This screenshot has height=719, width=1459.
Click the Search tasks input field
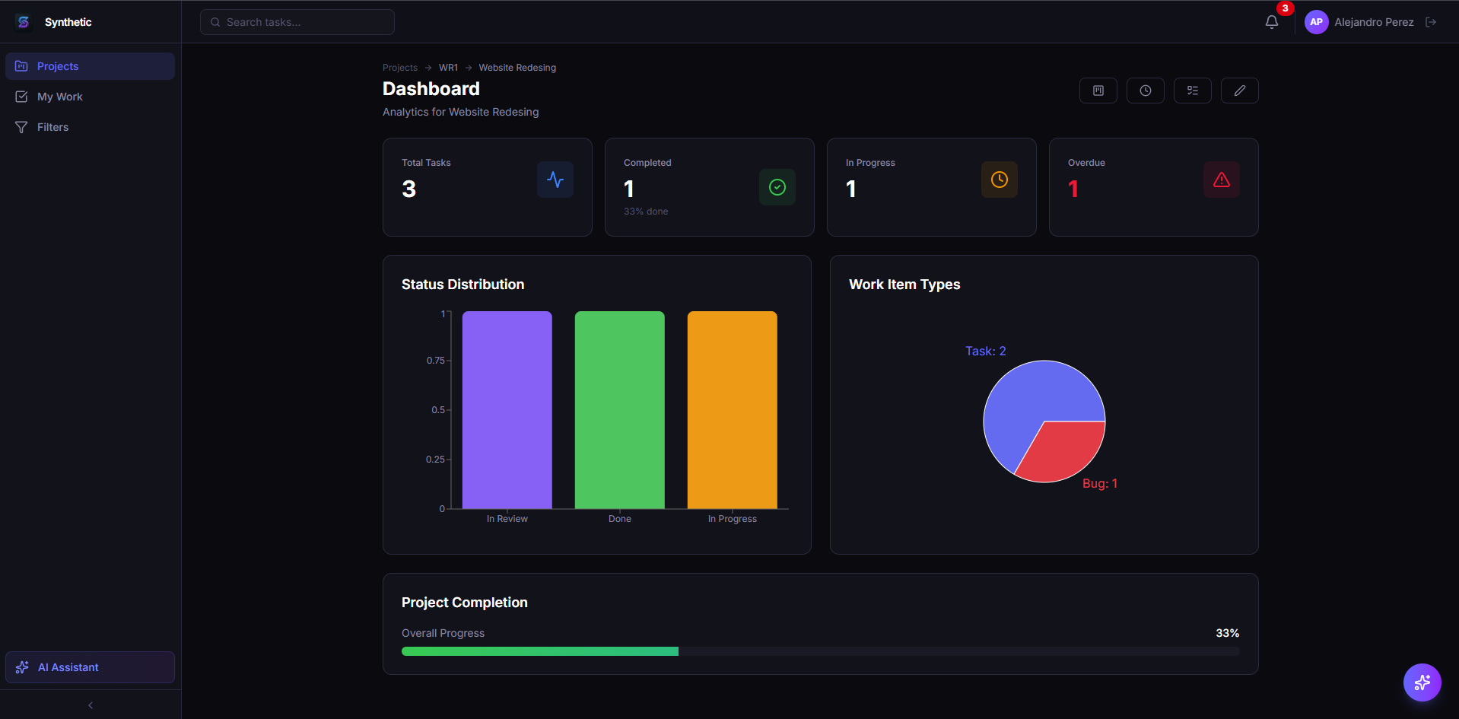(297, 22)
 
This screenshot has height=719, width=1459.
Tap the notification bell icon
(1271, 22)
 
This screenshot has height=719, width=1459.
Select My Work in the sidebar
(60, 97)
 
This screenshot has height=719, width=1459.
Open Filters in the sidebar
(52, 127)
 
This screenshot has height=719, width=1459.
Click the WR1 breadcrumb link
(448, 68)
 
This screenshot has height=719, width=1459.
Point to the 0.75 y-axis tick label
(435, 361)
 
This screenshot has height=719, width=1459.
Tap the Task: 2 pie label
(985, 351)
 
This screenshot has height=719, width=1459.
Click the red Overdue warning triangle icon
(1221, 180)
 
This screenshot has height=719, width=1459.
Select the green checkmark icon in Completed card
(777, 187)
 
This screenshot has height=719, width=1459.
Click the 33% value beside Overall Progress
(1226, 633)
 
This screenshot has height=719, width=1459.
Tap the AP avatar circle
(1316, 22)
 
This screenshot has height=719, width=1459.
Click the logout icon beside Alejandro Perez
(1431, 22)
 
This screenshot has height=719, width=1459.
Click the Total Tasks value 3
(408, 189)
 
